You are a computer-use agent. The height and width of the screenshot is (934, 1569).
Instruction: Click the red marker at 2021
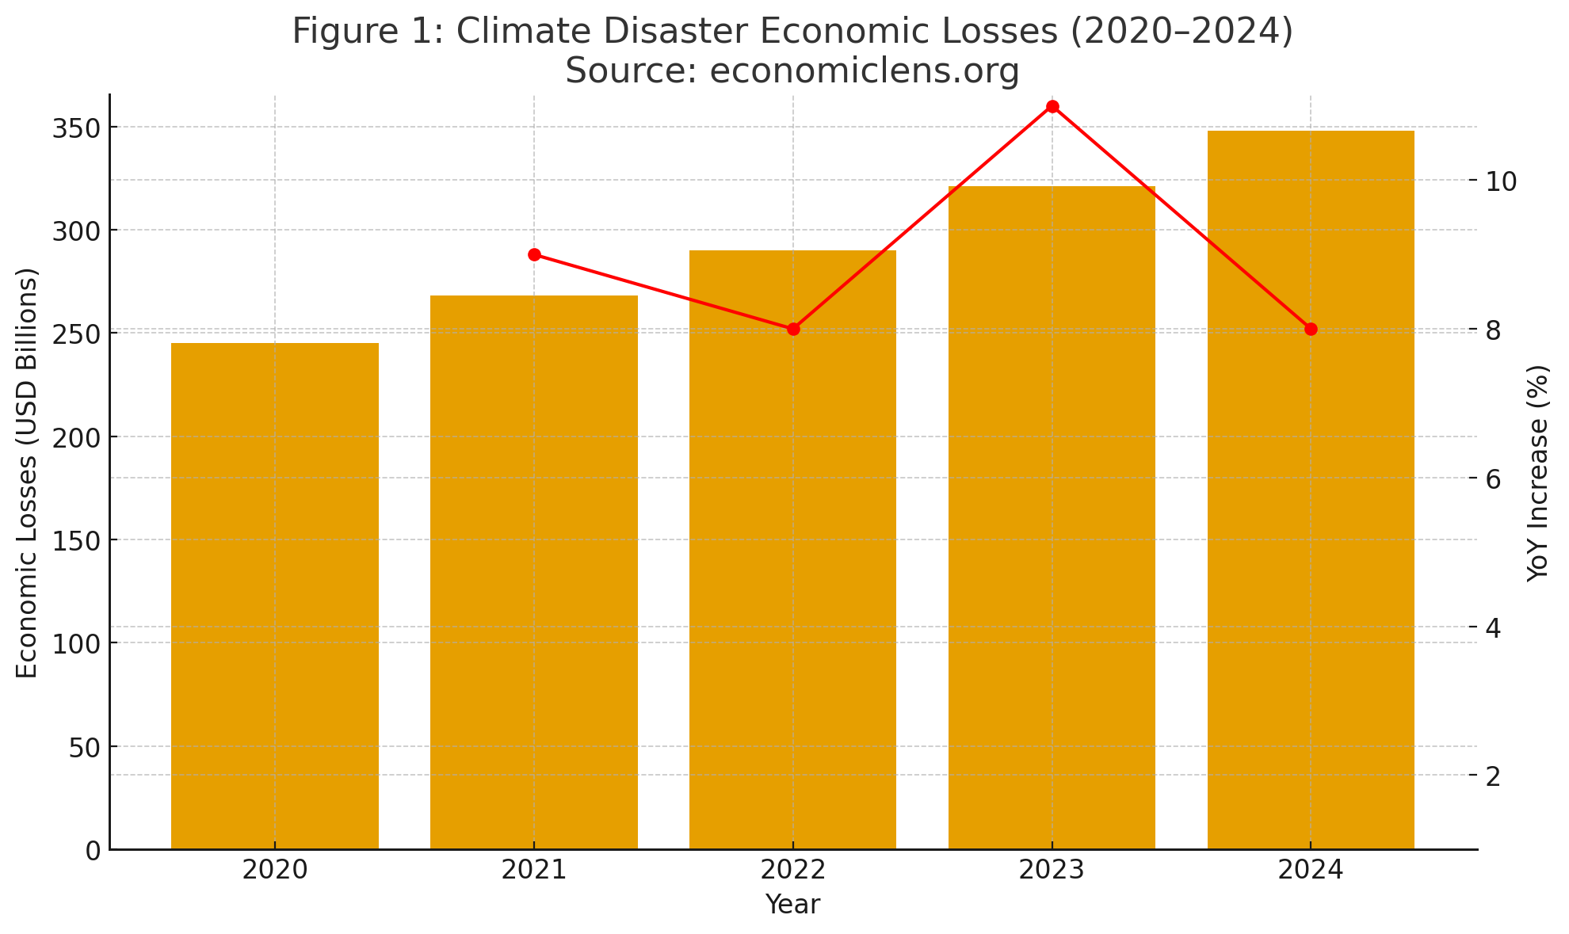coord(534,254)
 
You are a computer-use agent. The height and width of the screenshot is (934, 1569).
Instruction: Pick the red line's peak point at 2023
coord(1052,106)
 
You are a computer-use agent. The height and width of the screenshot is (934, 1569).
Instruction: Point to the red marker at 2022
coord(793,329)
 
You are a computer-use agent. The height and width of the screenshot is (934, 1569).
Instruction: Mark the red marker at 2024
coord(1311,329)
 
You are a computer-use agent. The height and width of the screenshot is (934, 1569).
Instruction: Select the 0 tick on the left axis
coord(93,850)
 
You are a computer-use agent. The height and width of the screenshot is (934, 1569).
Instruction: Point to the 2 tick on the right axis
coord(1493,776)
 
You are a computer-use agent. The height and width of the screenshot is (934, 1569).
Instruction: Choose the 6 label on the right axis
coord(1493,478)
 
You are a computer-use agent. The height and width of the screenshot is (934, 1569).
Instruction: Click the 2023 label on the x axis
coord(1052,870)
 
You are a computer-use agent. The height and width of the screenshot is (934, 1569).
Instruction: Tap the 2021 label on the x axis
coord(534,870)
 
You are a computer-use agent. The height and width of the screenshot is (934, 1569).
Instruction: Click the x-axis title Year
coord(792,904)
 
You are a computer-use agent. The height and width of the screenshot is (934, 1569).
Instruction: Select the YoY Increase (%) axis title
coord(1537,473)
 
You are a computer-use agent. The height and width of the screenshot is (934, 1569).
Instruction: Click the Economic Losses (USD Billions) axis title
coord(28,473)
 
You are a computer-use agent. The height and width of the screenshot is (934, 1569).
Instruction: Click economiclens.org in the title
coord(864,71)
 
